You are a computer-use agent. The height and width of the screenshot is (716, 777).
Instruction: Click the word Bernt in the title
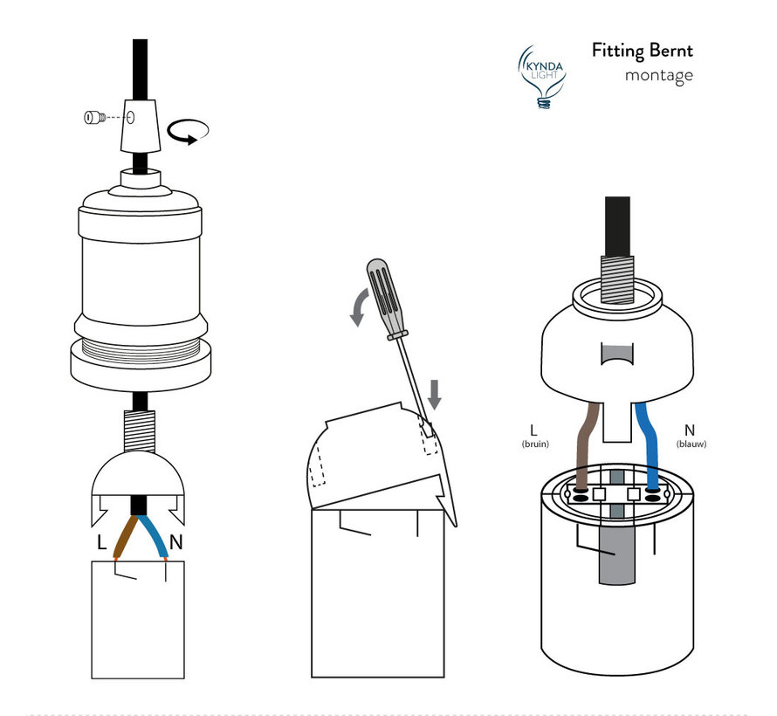pyautogui.click(x=671, y=51)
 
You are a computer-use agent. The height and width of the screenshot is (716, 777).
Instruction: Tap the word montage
pyautogui.click(x=658, y=76)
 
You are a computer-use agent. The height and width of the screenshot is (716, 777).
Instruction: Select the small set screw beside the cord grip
pyautogui.click(x=94, y=118)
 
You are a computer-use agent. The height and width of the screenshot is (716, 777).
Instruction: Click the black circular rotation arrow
pyautogui.click(x=188, y=132)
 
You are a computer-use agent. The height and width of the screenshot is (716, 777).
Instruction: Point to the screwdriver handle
pyautogui.click(x=387, y=299)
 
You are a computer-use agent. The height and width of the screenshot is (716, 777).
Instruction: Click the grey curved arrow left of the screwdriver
pyautogui.click(x=360, y=307)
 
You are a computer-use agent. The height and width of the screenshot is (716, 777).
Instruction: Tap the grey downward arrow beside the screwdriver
pyautogui.click(x=435, y=395)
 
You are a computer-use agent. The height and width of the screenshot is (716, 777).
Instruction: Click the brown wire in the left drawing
pyautogui.click(x=126, y=537)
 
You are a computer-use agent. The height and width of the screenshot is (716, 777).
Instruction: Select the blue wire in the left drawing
pyautogui.click(x=154, y=537)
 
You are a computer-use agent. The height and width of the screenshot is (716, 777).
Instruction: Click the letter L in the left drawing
pyautogui.click(x=101, y=542)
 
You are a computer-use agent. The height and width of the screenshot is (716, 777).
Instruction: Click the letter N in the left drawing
pyautogui.click(x=175, y=542)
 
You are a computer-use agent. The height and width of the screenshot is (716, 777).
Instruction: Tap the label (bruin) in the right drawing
pyautogui.click(x=535, y=444)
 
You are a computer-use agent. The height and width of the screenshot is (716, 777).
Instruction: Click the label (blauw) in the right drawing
pyautogui.click(x=691, y=444)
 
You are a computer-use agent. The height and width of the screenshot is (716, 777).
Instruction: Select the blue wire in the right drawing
pyautogui.click(x=647, y=445)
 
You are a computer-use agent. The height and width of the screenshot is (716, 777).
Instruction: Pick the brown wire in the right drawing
pyautogui.click(x=588, y=445)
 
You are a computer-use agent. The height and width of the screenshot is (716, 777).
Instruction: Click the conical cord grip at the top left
pyautogui.click(x=141, y=126)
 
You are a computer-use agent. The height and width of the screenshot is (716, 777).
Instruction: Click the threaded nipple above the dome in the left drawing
pyautogui.click(x=139, y=431)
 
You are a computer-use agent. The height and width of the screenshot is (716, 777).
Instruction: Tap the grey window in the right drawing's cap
pyautogui.click(x=617, y=354)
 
